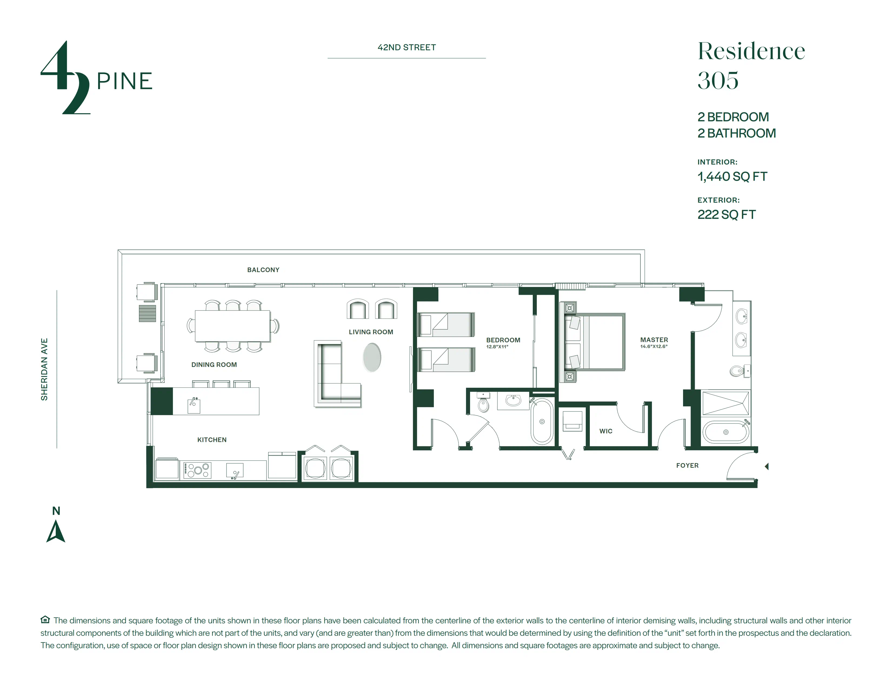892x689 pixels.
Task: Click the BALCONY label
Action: (263, 270)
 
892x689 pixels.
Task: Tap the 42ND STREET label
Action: (407, 47)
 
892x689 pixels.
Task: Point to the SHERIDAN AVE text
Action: (44, 369)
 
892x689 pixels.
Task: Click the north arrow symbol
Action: (56, 531)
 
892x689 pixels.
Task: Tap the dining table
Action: (232, 326)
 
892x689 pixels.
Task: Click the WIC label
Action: (606, 431)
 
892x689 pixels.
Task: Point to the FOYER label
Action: (687, 465)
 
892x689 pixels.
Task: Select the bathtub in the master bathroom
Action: (726, 432)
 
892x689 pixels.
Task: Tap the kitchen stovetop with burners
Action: (197, 470)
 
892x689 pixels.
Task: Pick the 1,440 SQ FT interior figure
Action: (732, 177)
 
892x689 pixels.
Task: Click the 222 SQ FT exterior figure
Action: (727, 215)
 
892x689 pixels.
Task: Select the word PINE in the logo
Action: (125, 81)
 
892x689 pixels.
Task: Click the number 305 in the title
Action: (718, 81)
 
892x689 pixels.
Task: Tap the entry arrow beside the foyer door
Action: (767, 466)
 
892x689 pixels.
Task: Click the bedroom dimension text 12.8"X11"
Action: (497, 347)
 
